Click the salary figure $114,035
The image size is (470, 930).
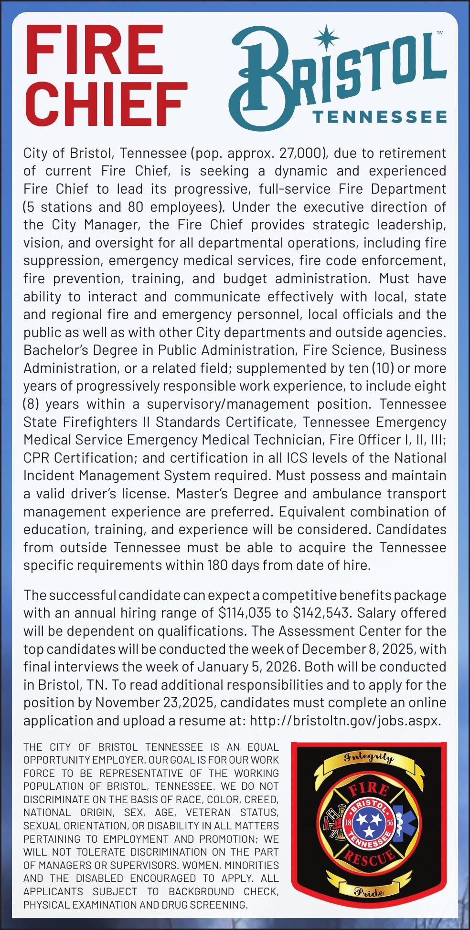253,613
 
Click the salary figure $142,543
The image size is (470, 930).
321,613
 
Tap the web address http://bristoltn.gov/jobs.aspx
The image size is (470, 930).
344,720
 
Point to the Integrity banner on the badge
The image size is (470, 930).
369,759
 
